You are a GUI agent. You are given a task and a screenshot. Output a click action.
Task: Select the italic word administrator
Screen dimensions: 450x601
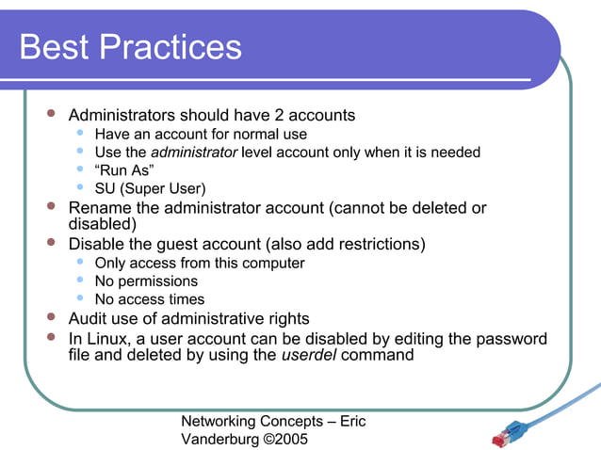(194, 153)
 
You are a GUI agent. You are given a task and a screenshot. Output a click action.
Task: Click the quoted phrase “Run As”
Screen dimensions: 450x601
(119, 170)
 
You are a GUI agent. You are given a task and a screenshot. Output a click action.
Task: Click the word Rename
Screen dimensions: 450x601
(100, 208)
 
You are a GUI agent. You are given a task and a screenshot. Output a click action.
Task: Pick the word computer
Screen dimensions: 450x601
(273, 264)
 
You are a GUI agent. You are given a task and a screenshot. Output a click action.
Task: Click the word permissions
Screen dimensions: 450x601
(158, 281)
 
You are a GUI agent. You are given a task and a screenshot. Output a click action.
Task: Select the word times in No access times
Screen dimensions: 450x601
(185, 299)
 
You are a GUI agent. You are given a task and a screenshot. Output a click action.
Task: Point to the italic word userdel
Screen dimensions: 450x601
(310, 356)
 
